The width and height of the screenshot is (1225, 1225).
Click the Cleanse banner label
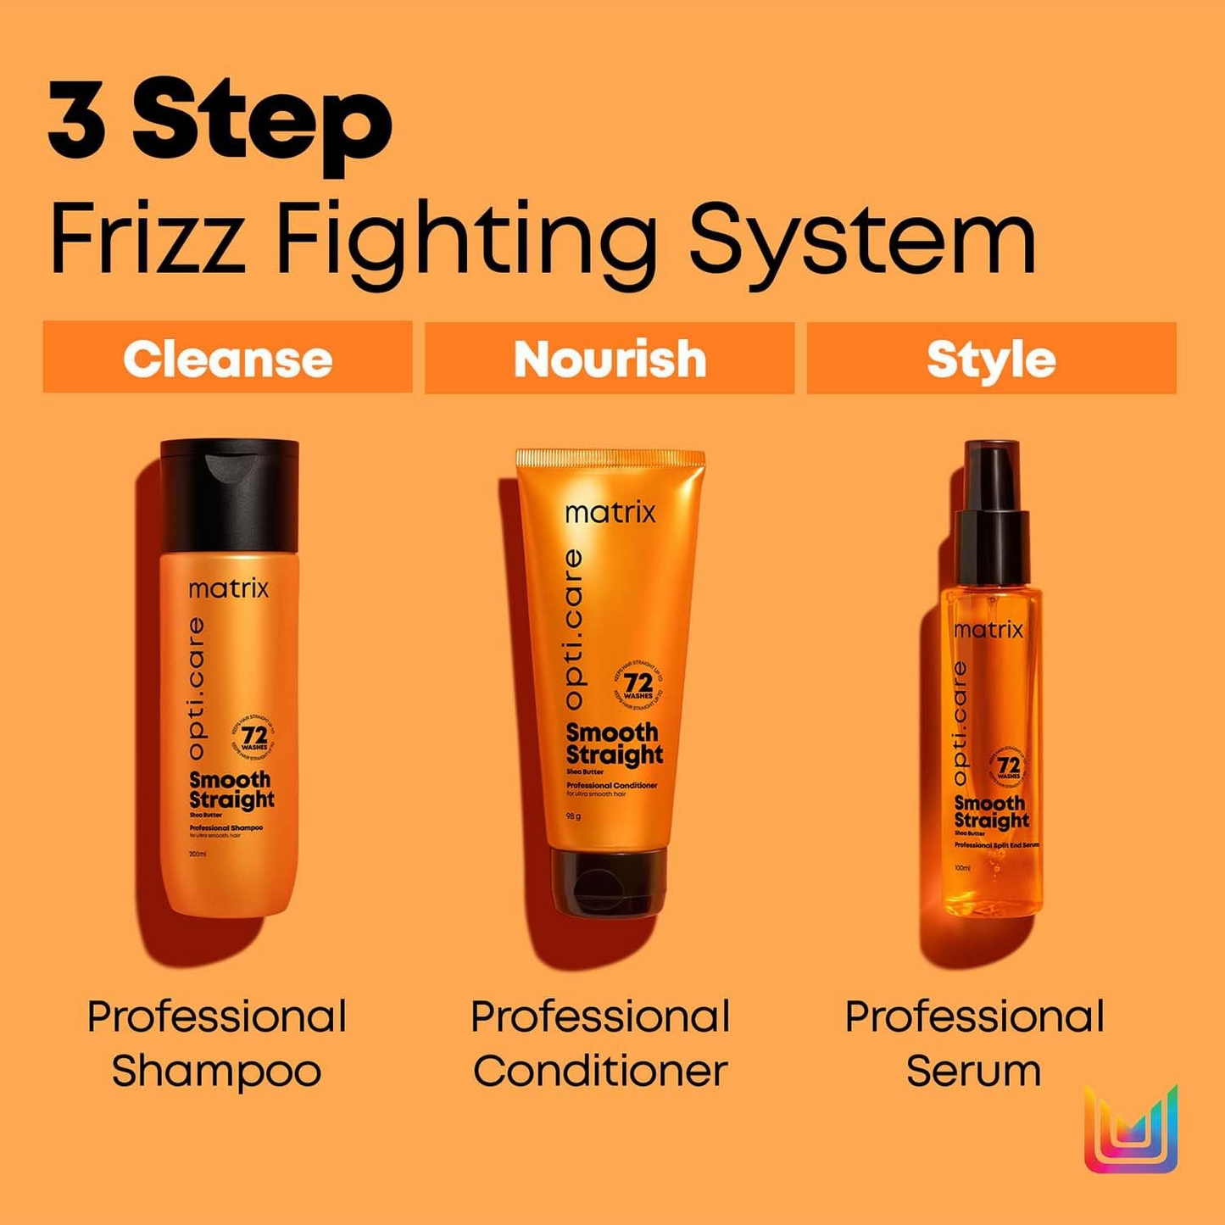(227, 359)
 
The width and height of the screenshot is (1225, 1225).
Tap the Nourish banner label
(610, 359)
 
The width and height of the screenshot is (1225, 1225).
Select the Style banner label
(991, 360)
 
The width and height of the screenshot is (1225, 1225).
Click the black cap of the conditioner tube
(609, 882)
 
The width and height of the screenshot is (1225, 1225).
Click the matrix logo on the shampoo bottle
(228, 588)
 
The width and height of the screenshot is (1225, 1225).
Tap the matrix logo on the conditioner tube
(610, 513)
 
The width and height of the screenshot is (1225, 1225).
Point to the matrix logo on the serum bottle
(988, 630)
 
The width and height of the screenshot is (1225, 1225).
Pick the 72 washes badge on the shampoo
(253, 737)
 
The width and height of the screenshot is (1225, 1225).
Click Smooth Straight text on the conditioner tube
(614, 743)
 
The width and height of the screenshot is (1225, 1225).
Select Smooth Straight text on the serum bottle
(991, 812)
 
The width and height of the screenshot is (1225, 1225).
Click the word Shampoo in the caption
(216, 1071)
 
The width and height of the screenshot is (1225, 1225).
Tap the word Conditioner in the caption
(600, 1071)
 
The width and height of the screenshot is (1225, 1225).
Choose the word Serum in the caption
(973, 1071)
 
